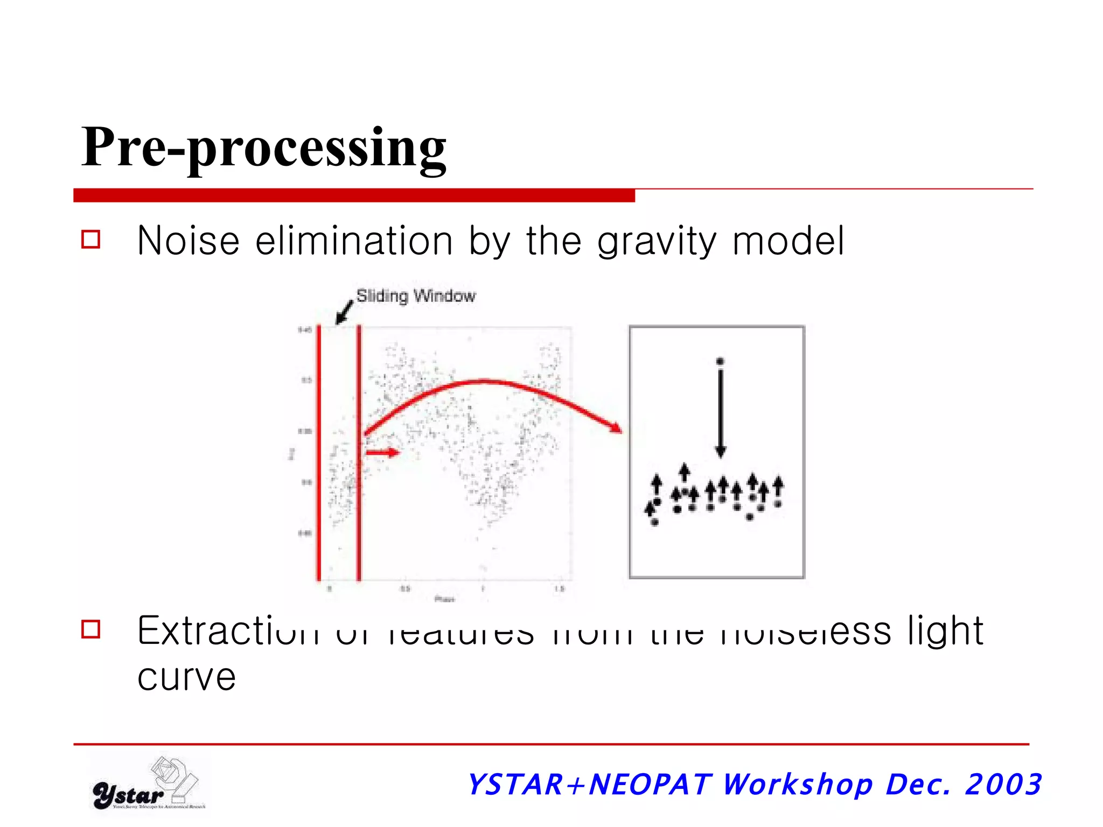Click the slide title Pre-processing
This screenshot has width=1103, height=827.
click(263, 146)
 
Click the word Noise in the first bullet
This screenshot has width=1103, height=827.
click(188, 241)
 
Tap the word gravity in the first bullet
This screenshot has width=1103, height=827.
click(657, 242)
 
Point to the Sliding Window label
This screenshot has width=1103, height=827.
click(416, 296)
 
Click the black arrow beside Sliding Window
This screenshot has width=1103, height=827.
click(344, 313)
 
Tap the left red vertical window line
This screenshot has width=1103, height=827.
click(319, 452)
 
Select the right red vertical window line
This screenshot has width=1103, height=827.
click(359, 452)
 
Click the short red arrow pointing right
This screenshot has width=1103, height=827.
click(382, 452)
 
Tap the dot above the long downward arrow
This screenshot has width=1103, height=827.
click(721, 361)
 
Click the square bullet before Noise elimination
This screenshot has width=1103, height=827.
click(91, 240)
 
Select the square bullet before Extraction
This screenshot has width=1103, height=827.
click(91, 629)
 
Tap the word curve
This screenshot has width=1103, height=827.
click(186, 677)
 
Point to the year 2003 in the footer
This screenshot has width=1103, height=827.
click(1003, 784)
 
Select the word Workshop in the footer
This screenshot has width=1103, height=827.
click(797, 784)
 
